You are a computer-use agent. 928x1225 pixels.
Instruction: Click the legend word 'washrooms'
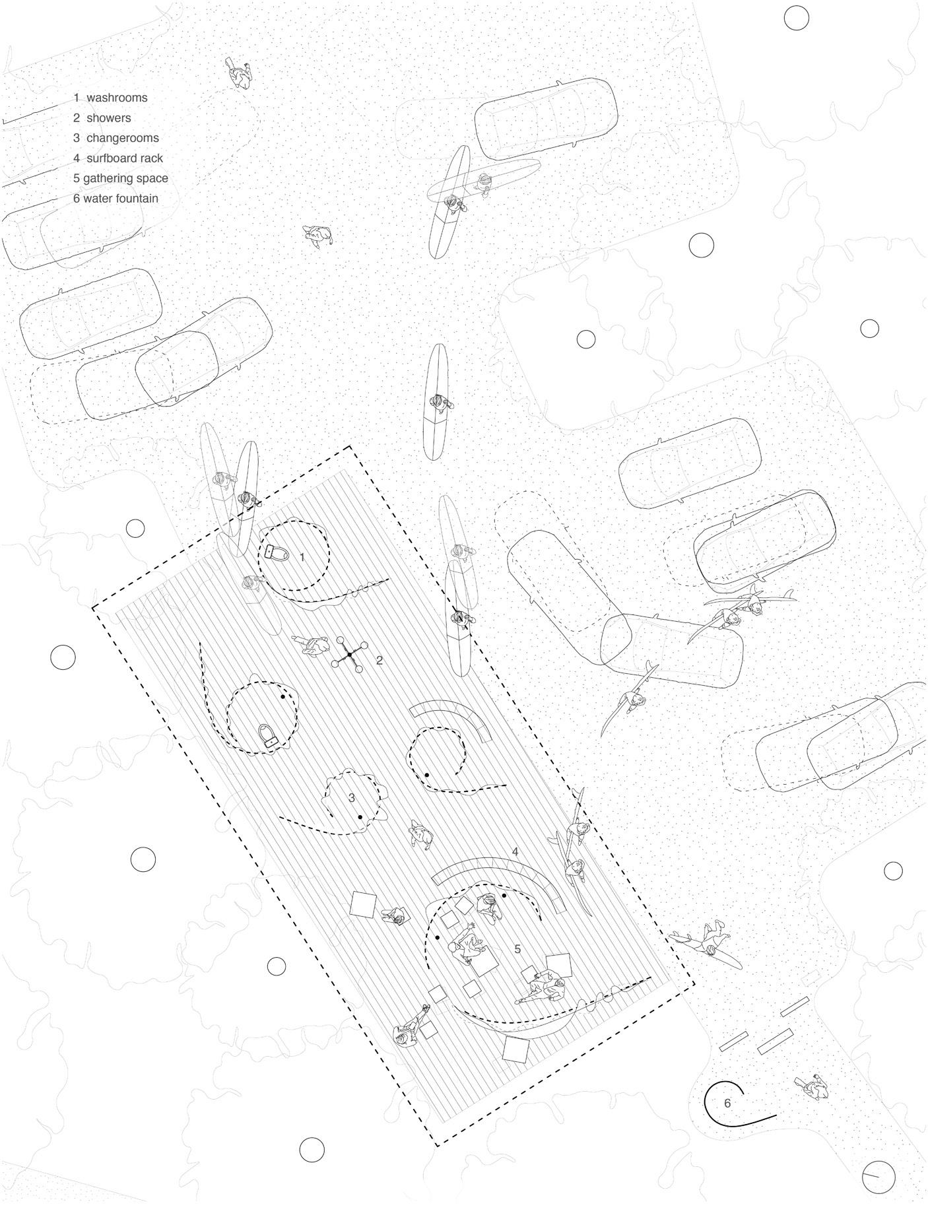click(x=117, y=98)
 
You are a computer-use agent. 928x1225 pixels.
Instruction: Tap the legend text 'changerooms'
click(x=123, y=138)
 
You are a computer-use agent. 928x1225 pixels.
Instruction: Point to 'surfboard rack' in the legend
click(x=125, y=158)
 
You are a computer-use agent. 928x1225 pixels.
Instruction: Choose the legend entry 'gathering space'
click(x=125, y=178)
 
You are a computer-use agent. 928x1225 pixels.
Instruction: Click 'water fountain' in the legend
click(x=121, y=198)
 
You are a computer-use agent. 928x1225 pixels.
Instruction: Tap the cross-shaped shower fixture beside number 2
click(x=349, y=654)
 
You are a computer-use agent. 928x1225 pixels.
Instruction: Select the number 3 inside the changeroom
click(x=352, y=798)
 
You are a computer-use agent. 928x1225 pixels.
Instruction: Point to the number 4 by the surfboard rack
click(x=515, y=852)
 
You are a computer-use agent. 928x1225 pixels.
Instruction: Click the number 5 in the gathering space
click(x=517, y=949)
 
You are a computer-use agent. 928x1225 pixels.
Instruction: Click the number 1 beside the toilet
click(x=302, y=558)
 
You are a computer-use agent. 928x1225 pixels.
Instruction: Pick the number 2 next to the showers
click(x=380, y=660)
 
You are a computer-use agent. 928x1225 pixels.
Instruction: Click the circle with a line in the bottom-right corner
click(x=878, y=1175)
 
